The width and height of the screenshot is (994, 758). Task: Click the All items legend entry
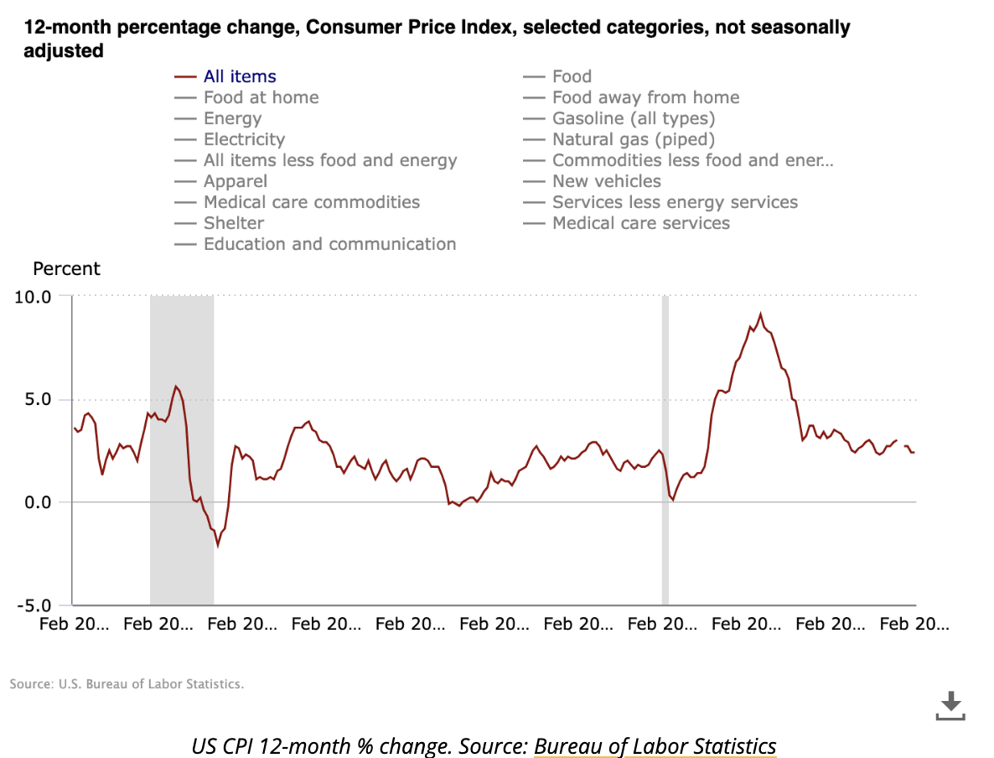(240, 76)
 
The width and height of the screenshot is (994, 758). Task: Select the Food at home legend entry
(261, 97)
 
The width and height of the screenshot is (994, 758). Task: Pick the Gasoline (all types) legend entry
(633, 118)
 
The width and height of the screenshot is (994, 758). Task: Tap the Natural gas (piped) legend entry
(633, 139)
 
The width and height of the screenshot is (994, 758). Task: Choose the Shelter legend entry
(233, 223)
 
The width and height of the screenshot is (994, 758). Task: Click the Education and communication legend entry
(329, 244)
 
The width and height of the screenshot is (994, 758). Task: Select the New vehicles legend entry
(606, 181)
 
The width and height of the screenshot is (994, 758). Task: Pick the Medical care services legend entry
(640, 223)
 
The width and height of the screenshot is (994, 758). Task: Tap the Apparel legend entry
(235, 181)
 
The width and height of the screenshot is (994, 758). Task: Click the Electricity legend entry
(244, 139)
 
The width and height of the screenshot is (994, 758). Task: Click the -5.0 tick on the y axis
(34, 605)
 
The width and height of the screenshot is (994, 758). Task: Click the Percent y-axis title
(66, 269)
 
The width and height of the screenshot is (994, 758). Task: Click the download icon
(950, 705)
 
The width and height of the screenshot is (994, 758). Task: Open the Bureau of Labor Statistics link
(655, 746)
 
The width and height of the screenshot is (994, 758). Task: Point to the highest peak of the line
(760, 314)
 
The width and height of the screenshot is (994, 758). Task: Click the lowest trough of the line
(218, 545)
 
